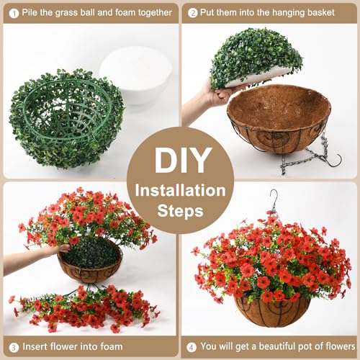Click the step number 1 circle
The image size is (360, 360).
[14, 14]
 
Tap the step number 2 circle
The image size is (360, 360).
[192, 13]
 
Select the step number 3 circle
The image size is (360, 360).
[14, 347]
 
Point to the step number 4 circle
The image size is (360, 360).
[192, 347]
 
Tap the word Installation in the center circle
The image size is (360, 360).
[180, 190]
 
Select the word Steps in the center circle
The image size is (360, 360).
[180, 211]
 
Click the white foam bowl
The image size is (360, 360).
[135, 74]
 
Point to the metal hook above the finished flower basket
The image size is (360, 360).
[274, 199]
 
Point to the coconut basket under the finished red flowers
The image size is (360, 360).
[272, 311]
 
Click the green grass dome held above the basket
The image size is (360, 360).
[256, 58]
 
